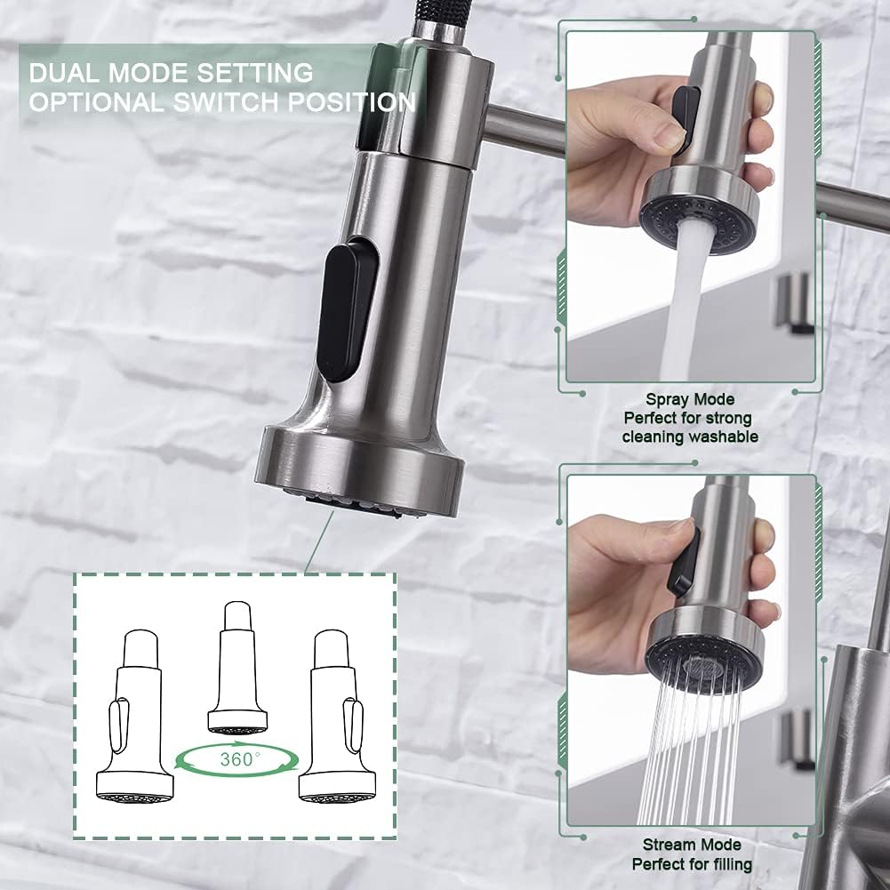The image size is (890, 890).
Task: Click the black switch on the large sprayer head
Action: coord(347,309)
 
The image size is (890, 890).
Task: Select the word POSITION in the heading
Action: coord(352,102)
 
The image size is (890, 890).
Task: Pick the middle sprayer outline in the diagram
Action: coord(237,668)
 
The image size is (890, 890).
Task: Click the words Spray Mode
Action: coord(690,399)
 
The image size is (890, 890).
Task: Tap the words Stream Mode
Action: coord(692,845)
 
